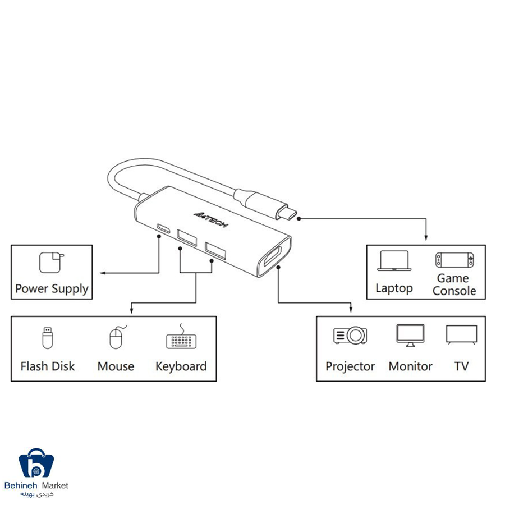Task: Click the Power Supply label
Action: tap(52, 289)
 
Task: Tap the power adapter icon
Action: tap(51, 263)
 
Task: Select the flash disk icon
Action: tap(48, 338)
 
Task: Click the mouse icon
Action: tap(117, 337)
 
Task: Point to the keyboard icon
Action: tap(181, 338)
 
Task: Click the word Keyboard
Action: tap(181, 366)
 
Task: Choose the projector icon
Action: tap(350, 336)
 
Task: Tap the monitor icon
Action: tap(410, 336)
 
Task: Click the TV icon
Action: tap(462, 335)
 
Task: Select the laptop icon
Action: tap(394, 261)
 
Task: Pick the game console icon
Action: tap(454, 260)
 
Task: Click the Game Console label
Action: tap(454, 284)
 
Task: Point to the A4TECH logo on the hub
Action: tap(211, 219)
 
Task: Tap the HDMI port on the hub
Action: tap(272, 256)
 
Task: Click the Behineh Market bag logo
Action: tap(36, 463)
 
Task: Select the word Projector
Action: tap(350, 366)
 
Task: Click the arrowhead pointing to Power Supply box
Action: tap(103, 273)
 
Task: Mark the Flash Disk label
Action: tap(48, 366)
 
